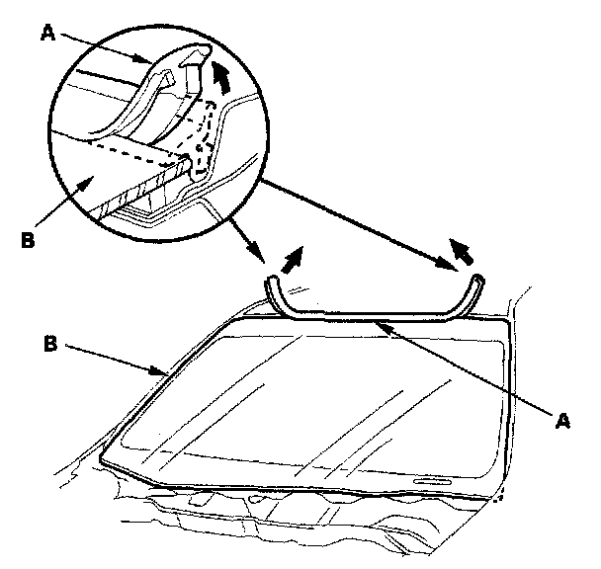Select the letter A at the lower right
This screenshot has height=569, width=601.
(563, 421)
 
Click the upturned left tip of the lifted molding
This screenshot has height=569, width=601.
(271, 284)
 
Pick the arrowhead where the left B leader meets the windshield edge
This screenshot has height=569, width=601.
(165, 374)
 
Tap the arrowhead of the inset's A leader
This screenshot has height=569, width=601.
(150, 64)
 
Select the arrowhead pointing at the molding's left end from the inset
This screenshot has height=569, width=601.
(266, 259)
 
